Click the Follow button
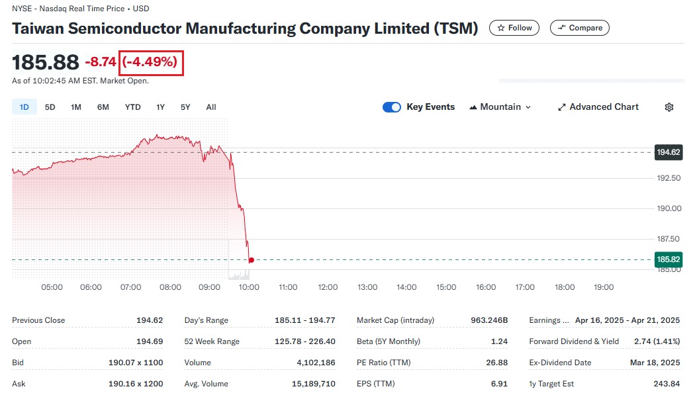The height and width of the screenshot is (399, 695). [514, 28]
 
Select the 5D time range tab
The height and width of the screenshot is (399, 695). [50, 107]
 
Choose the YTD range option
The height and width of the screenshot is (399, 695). [132, 107]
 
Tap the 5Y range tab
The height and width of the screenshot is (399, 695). [185, 107]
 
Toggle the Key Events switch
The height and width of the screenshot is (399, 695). [392, 107]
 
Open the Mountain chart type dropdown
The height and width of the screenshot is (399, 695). [500, 107]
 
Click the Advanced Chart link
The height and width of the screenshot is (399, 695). [598, 107]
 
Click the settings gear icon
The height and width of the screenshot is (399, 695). [669, 107]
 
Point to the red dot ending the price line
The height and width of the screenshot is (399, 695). [251, 260]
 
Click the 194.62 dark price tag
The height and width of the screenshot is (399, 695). [668, 152]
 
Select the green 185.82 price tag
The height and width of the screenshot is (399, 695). [668, 259]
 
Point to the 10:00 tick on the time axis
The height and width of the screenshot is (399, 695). [249, 287]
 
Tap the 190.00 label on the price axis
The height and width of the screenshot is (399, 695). [668, 208]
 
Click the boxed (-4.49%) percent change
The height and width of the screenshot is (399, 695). [150, 62]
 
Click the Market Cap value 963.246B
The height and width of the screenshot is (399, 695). [488, 320]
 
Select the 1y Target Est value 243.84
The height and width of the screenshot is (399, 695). [666, 384]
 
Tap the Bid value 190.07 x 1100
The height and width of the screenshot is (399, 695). [136, 363]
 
